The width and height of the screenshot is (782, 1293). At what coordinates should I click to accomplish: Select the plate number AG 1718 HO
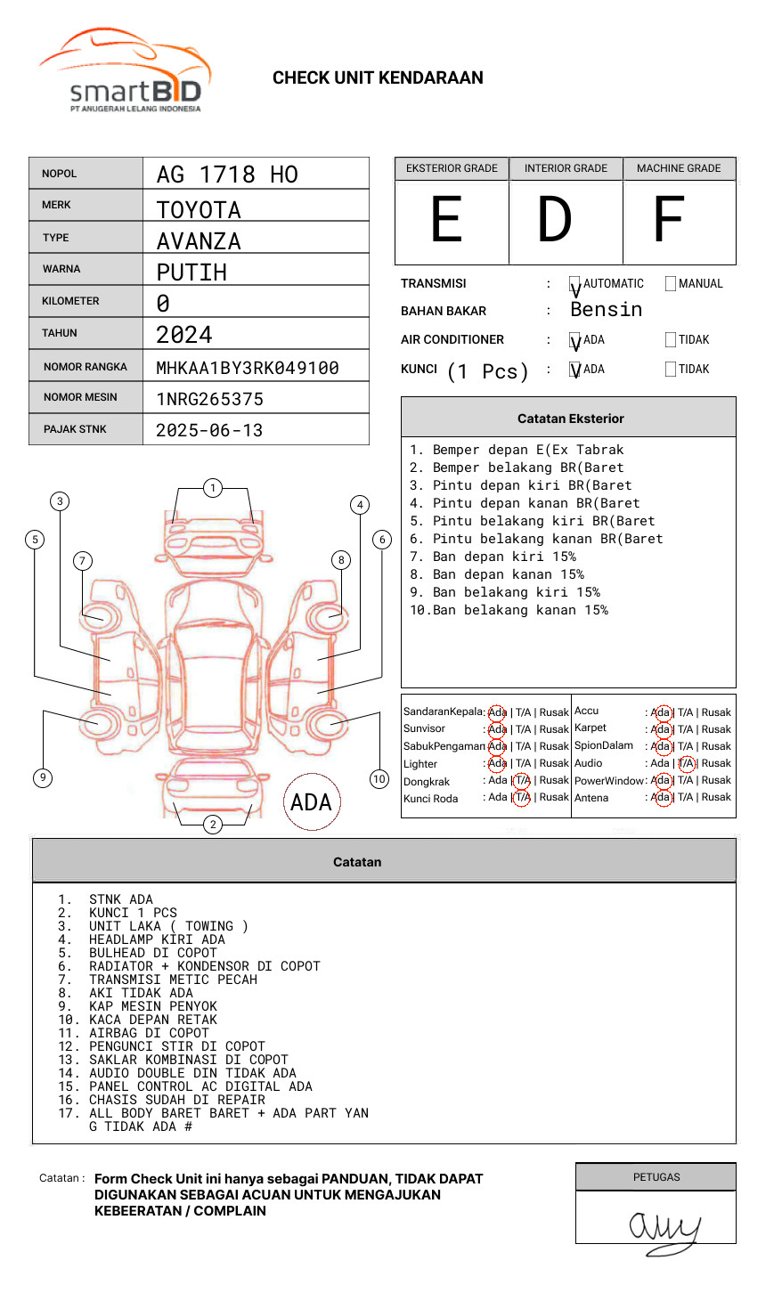pos(227,175)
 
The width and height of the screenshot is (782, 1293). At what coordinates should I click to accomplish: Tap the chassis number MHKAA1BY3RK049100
pos(247,368)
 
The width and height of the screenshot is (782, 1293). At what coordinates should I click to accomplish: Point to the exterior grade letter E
pos(447,220)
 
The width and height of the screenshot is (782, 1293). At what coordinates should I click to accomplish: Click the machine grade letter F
pos(668,220)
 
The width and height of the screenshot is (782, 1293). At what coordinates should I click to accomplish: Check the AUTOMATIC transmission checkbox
pos(575,284)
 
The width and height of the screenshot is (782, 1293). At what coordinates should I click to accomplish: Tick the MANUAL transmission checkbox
pos(671,284)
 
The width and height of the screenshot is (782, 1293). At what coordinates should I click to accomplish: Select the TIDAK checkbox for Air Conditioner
pos(671,340)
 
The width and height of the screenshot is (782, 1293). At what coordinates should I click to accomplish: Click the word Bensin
pos(606,310)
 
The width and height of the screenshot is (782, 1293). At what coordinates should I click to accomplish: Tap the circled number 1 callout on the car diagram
pos(212,488)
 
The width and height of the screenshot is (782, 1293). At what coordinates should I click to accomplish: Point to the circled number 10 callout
pos(379,779)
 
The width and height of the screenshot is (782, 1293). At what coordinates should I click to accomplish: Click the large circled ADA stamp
pos(311,802)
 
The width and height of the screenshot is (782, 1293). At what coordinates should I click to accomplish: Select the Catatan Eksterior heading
pos(570,419)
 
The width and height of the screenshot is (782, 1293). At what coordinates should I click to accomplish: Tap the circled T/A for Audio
pos(686,763)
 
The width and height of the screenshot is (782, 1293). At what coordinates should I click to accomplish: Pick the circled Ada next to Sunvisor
pos(497,729)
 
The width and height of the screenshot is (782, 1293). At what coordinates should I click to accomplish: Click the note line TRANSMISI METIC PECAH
pos(173,980)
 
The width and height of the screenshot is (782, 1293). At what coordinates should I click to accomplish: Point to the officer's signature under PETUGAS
pos(664,1229)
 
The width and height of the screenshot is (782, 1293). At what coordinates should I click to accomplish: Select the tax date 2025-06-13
pos(209,430)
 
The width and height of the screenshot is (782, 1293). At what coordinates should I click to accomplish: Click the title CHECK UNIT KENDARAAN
pos(378,78)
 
